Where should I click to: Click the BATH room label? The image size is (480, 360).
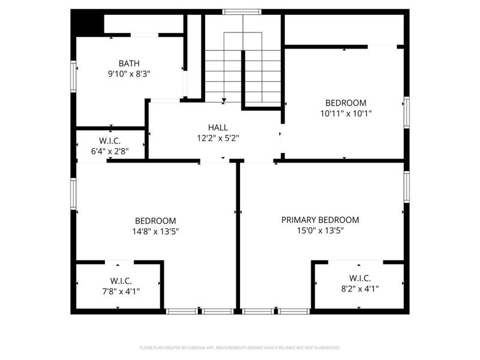point(128,63)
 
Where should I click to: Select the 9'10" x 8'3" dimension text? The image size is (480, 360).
point(128,74)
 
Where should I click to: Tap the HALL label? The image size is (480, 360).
point(218,127)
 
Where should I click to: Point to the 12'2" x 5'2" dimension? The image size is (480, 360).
point(218,138)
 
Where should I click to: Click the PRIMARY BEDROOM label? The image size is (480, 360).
point(320,220)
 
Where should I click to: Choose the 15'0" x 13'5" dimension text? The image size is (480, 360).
point(320,230)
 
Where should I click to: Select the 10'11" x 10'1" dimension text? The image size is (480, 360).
point(346,113)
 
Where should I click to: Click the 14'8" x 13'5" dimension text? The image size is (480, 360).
point(155,231)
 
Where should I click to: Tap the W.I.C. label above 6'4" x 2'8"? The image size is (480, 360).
point(110,141)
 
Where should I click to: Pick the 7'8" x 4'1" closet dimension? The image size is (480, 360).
point(121,291)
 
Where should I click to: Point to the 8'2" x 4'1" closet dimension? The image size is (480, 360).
point(360,289)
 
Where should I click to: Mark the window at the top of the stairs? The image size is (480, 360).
point(242,11)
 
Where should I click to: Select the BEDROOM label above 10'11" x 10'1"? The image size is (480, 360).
point(346,103)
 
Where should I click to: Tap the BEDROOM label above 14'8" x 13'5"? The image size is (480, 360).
point(155,220)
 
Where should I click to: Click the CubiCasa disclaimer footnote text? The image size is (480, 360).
point(239,348)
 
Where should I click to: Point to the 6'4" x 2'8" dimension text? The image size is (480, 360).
point(110,152)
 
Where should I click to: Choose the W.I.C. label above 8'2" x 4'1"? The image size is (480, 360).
point(360,278)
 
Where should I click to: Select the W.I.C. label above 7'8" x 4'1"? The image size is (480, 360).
point(121,281)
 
